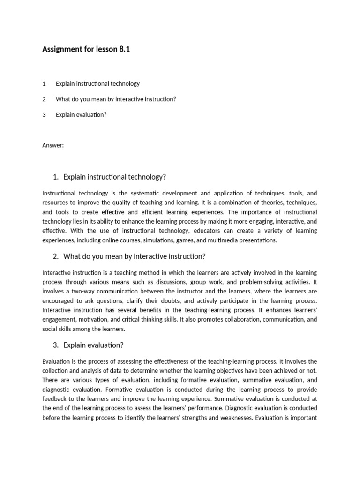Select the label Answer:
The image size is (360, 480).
[x=52, y=145]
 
